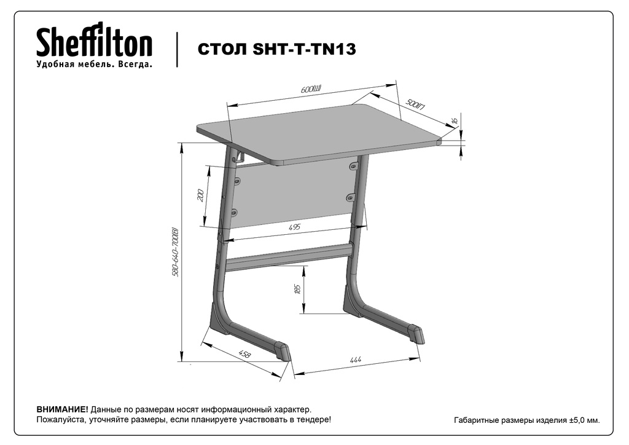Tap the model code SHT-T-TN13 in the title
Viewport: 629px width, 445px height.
(305, 49)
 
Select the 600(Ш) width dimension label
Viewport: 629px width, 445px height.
(312, 89)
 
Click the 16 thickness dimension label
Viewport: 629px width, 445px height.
(455, 120)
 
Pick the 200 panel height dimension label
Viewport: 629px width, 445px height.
(201, 195)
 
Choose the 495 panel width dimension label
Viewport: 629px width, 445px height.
(294, 227)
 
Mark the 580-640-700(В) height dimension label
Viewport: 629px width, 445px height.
(175, 252)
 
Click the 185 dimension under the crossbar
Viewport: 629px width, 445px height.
(297, 289)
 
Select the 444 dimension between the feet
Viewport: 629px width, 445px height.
(356, 360)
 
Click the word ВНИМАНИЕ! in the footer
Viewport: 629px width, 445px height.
(62, 410)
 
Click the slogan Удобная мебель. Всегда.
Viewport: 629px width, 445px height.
(94, 64)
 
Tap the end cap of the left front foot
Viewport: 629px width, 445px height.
(282, 352)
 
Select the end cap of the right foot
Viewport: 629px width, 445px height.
(416, 334)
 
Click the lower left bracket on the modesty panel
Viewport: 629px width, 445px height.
(235, 211)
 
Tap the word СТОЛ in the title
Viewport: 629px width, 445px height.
(221, 49)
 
